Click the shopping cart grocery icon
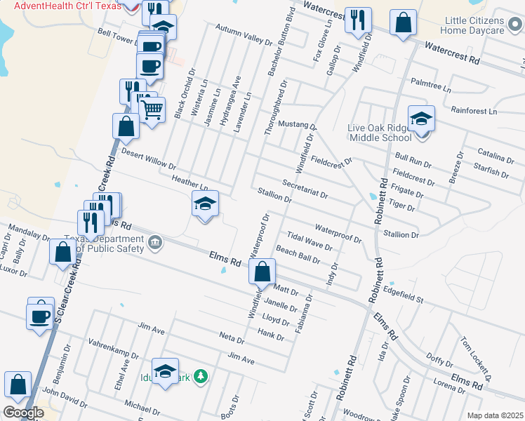coord(152,109)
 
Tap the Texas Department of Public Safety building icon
coord(155,243)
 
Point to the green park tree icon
coord(201,377)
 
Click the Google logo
coord(23,413)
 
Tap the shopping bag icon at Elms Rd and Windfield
coord(262,271)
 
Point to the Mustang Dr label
coord(298,124)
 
